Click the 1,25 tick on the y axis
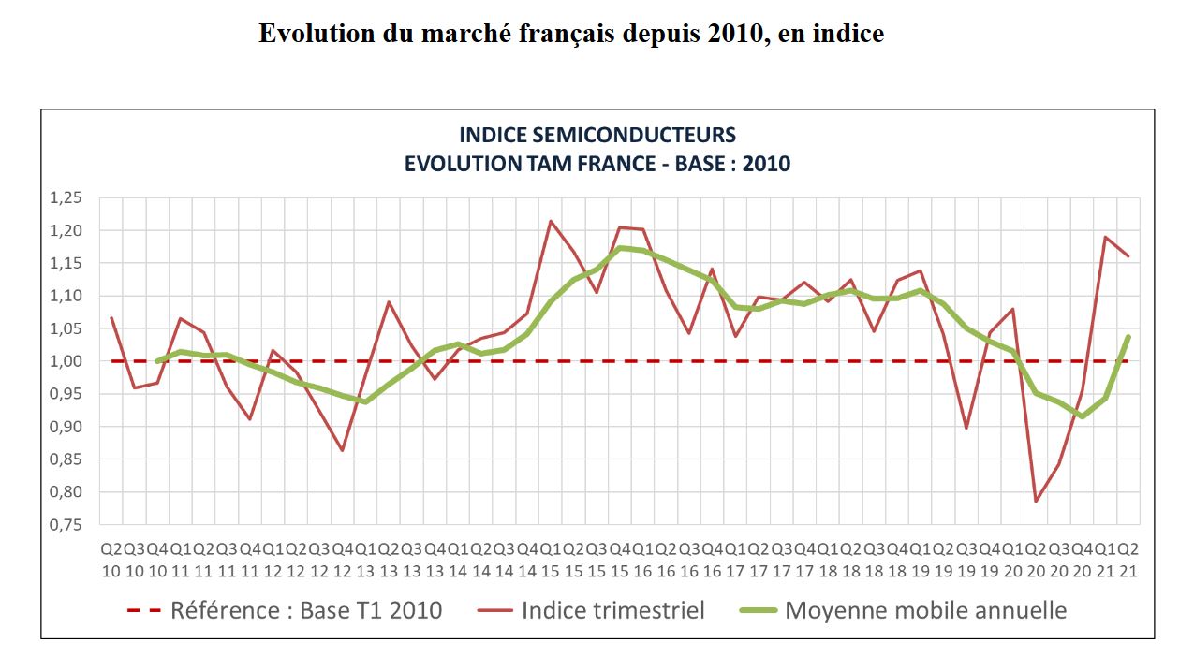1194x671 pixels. pyautogui.click(x=78, y=197)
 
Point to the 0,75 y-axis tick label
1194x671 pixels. pyautogui.click(x=78, y=525)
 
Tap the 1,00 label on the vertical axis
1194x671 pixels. pyautogui.click(x=78, y=361)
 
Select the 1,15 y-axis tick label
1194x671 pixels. pyautogui.click(x=78, y=263)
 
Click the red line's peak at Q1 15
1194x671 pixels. pyautogui.click(x=551, y=221)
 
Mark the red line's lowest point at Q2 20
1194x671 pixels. pyautogui.click(x=1037, y=502)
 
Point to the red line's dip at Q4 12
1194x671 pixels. pyautogui.click(x=343, y=450)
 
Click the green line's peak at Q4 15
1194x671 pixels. pyautogui.click(x=620, y=248)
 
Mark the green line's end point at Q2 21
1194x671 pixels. pyautogui.click(x=1128, y=337)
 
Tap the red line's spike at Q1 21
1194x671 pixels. pyautogui.click(x=1106, y=237)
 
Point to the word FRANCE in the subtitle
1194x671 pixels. pyautogui.click(x=632, y=164)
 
